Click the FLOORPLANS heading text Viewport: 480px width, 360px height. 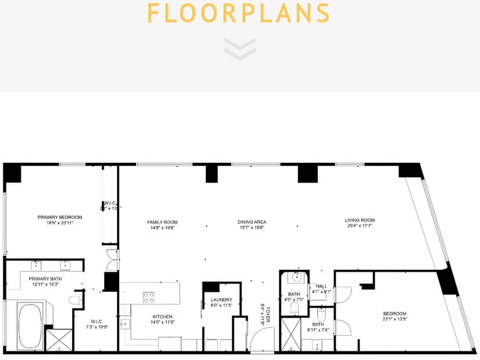coord(239,13)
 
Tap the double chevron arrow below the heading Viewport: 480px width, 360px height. coord(239,48)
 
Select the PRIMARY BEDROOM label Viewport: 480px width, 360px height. coord(60,218)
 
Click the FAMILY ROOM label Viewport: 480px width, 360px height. coord(162,222)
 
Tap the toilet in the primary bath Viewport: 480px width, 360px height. coord(74,300)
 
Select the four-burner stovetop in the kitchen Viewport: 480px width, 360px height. coord(149,297)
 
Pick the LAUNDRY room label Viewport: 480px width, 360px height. coord(222,300)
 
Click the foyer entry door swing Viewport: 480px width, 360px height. coord(262,340)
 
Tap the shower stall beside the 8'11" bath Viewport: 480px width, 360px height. coord(290,334)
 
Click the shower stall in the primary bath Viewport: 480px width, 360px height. coord(59,340)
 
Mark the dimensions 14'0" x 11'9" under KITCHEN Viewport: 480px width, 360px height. coord(162,322)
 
